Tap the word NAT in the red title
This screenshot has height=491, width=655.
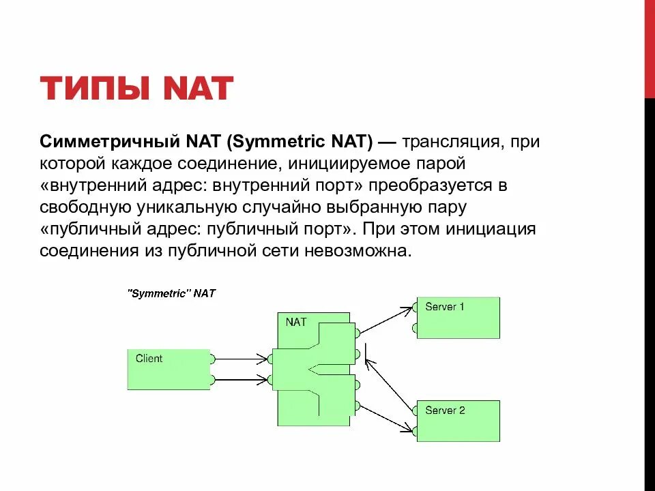tap(197, 89)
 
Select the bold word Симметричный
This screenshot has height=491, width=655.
tap(107, 143)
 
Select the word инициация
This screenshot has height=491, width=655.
tap(491, 228)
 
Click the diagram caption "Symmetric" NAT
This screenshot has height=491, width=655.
tap(171, 293)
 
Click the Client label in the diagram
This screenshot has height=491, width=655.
tap(149, 358)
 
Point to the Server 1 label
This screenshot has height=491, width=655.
tap(444, 307)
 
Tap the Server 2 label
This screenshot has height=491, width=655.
tap(444, 411)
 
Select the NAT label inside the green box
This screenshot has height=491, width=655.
tap(296, 322)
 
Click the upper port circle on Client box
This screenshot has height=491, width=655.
tap(213, 358)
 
